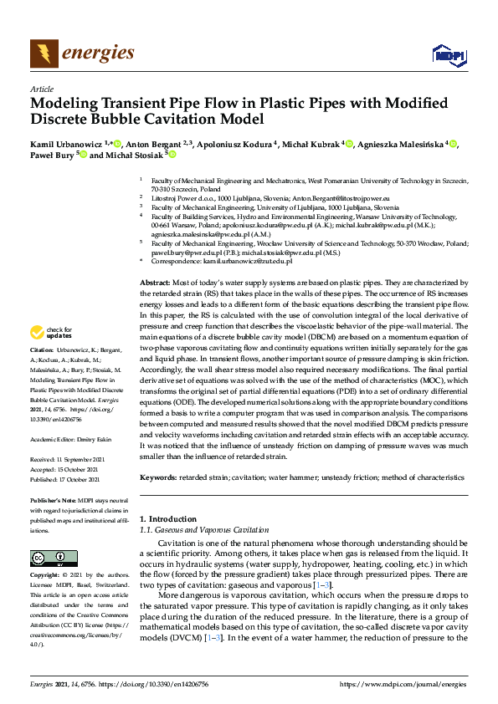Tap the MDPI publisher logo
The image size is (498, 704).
click(x=447, y=55)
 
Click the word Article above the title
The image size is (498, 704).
click(x=42, y=89)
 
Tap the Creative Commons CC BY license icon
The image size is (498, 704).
click(x=49, y=558)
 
